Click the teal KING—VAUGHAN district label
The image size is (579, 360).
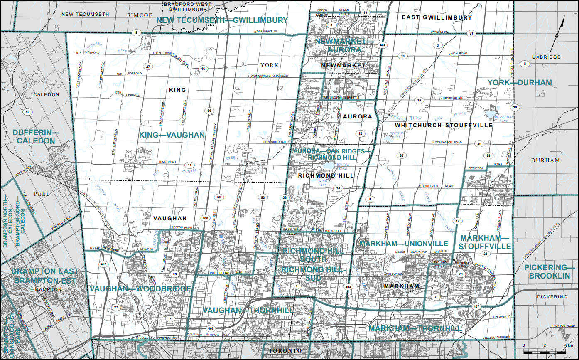click(x=172, y=135)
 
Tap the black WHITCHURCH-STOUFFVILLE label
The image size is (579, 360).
click(x=444, y=125)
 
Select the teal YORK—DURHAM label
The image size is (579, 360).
click(x=520, y=83)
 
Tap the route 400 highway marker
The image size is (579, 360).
click(x=205, y=218)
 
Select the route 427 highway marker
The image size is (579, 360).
click(x=103, y=264)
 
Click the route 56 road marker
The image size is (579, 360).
click(x=209, y=111)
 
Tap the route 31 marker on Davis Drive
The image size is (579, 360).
click(x=471, y=33)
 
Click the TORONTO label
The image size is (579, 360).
click(x=285, y=351)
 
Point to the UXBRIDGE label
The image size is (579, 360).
click(x=546, y=57)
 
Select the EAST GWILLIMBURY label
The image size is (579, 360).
click(x=437, y=17)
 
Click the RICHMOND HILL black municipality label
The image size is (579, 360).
click(x=326, y=176)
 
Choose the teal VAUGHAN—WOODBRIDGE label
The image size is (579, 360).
click(x=140, y=288)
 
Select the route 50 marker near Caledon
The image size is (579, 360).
click(x=28, y=112)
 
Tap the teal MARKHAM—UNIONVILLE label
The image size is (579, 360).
click(x=404, y=243)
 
